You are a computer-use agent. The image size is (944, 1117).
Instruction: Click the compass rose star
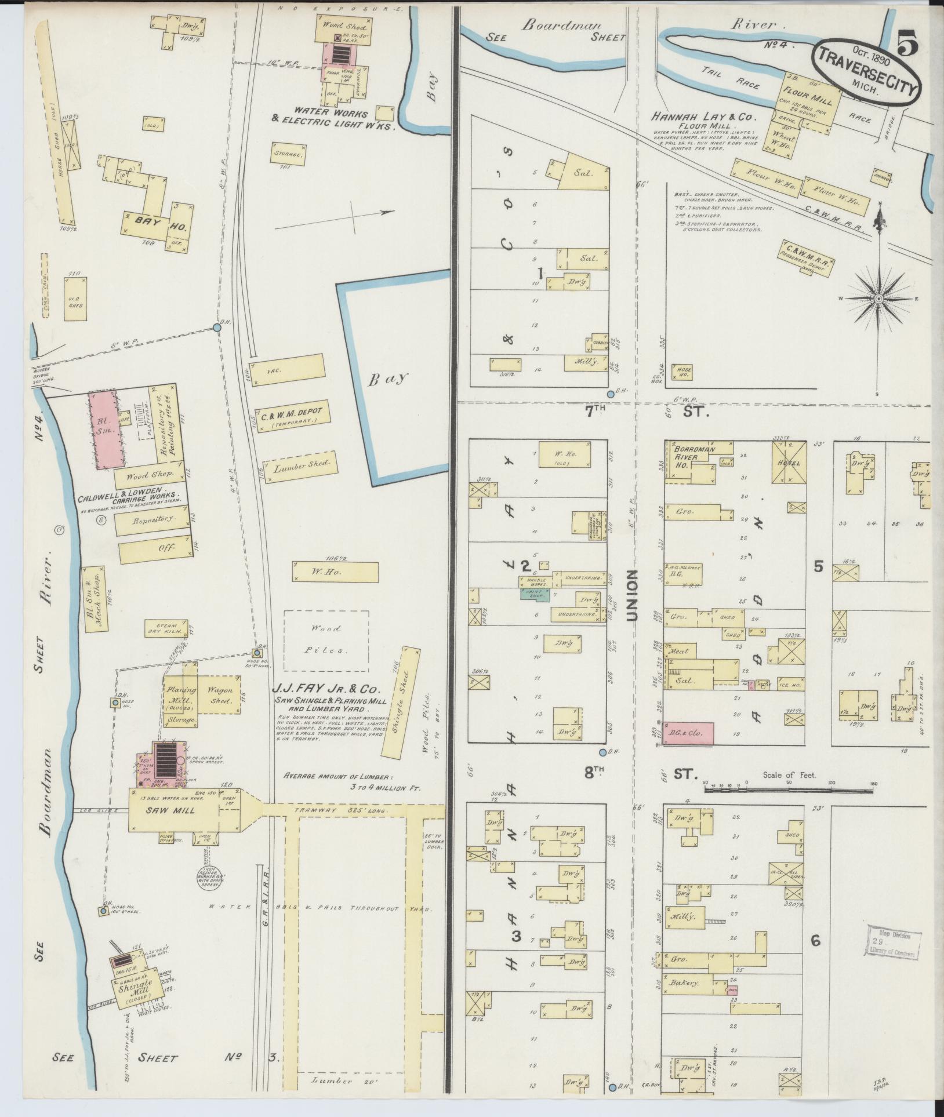[x=878, y=298]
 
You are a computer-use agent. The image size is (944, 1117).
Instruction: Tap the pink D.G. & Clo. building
[x=689, y=733]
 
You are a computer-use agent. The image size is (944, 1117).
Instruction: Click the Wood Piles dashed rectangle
[x=326, y=639]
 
